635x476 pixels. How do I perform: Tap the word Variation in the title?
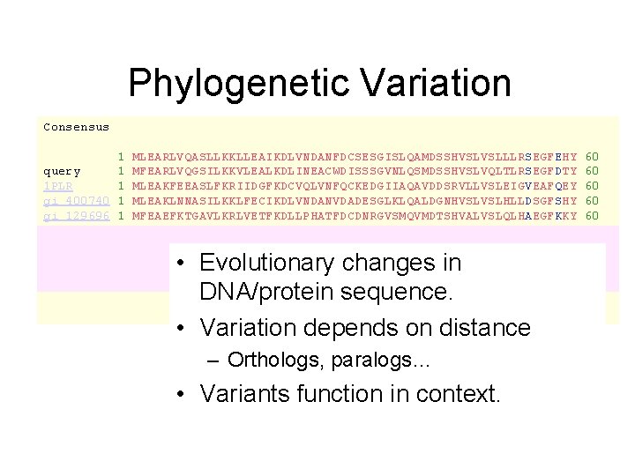coord(428,84)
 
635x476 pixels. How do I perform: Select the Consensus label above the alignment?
coord(76,127)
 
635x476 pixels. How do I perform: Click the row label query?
coord(62,171)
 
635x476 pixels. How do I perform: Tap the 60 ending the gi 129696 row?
coord(592,216)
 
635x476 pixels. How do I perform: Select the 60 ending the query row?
coord(592,171)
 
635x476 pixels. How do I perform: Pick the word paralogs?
coord(353,360)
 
